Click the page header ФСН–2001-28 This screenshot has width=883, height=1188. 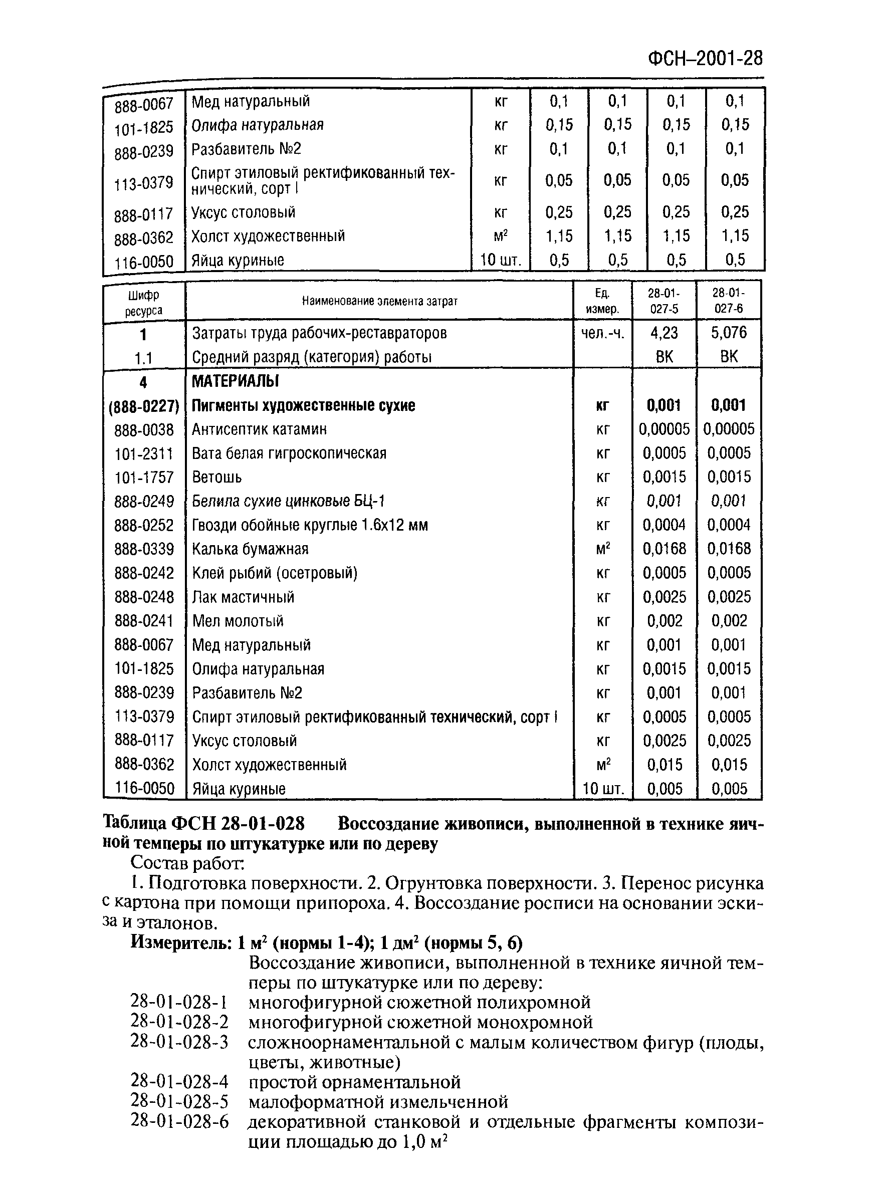pos(705,58)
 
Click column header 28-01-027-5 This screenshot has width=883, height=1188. pos(664,301)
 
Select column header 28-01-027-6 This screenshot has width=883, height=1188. pos(728,301)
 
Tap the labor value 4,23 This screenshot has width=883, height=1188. pos(664,333)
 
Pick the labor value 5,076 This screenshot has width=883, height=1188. pos(728,333)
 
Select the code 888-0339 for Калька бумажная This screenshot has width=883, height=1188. pos(144,549)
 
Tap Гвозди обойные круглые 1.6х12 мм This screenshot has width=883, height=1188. pos(310,525)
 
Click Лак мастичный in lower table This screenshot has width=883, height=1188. pos(243,597)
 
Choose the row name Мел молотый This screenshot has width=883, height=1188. pos(238,621)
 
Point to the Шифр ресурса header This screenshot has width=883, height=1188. pos(143,303)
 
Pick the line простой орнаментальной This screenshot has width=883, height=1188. pos(354,1082)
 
